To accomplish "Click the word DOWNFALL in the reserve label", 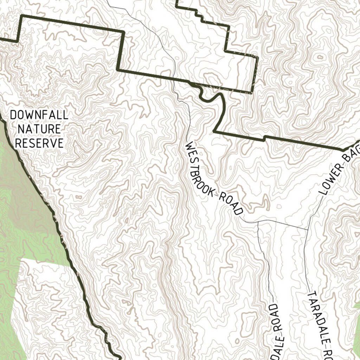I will (x=39, y=115).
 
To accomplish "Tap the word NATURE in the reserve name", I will (x=39, y=129).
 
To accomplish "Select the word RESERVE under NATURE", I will (x=39, y=143).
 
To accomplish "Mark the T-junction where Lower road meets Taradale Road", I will (x=308, y=229).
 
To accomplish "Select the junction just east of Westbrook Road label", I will (x=258, y=222).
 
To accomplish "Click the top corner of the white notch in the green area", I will (x=22, y=259).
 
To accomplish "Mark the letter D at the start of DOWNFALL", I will (x=13, y=115).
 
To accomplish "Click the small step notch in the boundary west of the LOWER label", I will (x=264, y=138).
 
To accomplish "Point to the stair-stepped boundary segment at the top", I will (x=200, y=14).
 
